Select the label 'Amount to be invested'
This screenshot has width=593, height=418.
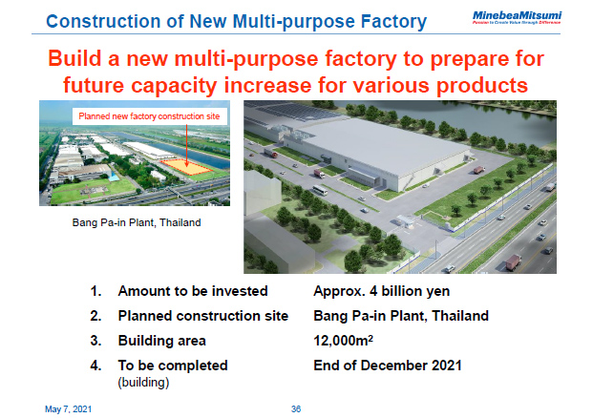(192, 291)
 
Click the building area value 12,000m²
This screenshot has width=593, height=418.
(349, 341)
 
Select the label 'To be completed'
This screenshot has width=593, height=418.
(173, 366)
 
